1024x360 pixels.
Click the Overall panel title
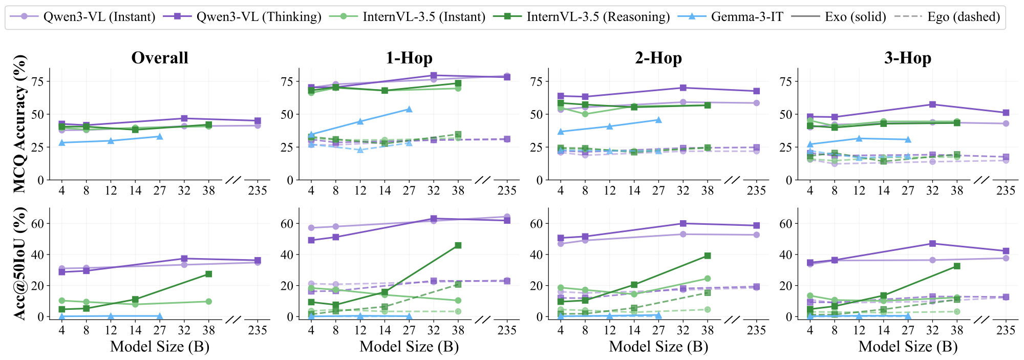(x=160, y=58)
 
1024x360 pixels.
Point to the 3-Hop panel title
(x=908, y=58)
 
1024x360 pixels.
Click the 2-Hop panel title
(x=658, y=58)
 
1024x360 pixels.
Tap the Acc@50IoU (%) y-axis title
(x=19, y=264)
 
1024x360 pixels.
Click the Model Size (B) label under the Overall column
(x=160, y=347)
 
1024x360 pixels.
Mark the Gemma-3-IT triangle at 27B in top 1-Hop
(x=409, y=109)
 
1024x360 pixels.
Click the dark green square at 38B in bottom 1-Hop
(x=458, y=245)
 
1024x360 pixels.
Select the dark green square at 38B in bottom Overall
(x=208, y=274)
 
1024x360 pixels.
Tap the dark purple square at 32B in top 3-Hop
(x=932, y=104)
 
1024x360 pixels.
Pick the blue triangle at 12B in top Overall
(x=111, y=141)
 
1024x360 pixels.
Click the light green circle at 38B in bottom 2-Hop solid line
(x=707, y=279)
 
